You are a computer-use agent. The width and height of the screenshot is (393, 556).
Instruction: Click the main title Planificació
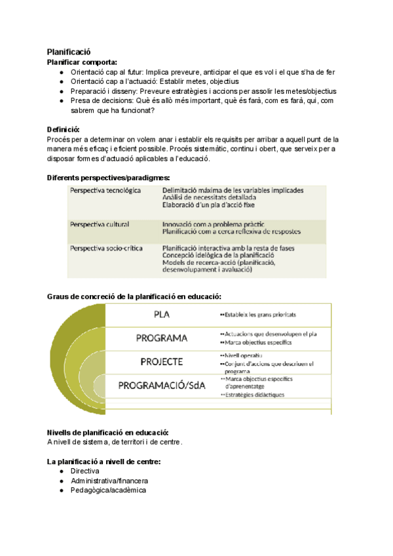pyautogui.click(x=69, y=52)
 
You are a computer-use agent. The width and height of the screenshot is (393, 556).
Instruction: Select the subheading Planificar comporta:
pyautogui.click(x=82, y=62)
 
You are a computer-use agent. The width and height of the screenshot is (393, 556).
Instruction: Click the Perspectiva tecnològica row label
pyautogui.click(x=105, y=190)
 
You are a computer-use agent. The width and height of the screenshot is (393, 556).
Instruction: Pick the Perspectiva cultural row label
pyautogui.click(x=99, y=224)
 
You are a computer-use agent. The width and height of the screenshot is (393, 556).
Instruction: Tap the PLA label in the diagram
pyautogui.click(x=162, y=314)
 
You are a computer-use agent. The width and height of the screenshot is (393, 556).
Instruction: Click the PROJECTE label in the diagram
pyautogui.click(x=162, y=361)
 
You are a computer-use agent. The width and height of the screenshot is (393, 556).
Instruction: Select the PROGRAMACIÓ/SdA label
pyautogui.click(x=162, y=386)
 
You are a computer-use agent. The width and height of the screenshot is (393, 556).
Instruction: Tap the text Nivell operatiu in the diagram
pyautogui.click(x=241, y=355)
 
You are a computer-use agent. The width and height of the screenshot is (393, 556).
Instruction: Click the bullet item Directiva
pyautogui.click(x=84, y=471)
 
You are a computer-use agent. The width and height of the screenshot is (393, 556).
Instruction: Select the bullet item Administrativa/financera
pyautogui.click(x=104, y=481)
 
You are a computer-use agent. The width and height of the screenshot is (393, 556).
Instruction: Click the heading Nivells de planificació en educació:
pyautogui.click(x=108, y=433)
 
